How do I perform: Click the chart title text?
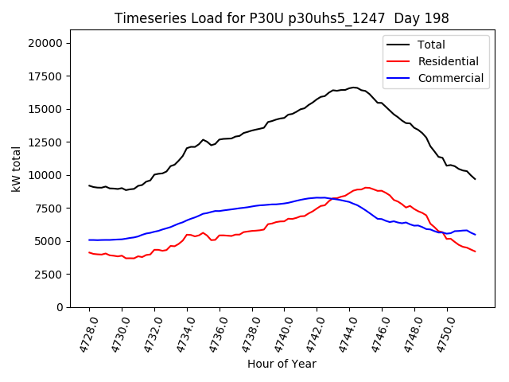tap(282, 18)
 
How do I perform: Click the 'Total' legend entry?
tap(432, 45)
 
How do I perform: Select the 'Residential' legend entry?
tap(449, 61)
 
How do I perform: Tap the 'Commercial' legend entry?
tap(450, 78)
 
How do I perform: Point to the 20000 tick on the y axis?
tap(49, 43)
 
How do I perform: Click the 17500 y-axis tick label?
tap(49, 76)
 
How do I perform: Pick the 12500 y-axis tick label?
tap(49, 142)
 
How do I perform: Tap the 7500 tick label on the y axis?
tap(52, 208)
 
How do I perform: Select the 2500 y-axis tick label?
tap(52, 274)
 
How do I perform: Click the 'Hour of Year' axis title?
tap(282, 364)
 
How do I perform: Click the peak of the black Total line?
tap(354, 88)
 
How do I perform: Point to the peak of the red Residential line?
tap(366, 188)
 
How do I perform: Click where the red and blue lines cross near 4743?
tap(332, 198)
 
